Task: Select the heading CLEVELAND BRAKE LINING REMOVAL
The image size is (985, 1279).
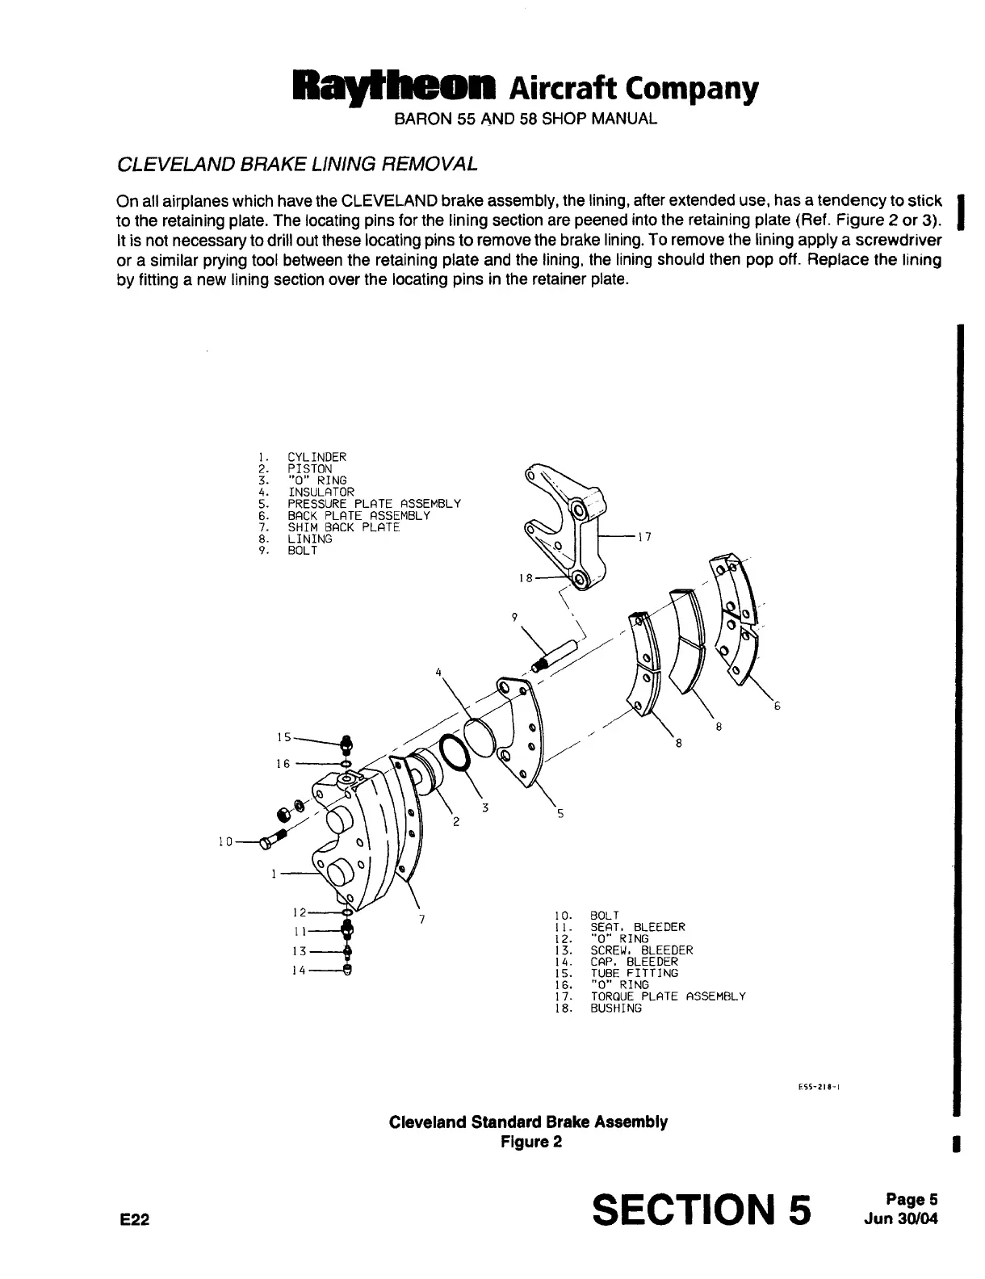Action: point(298,164)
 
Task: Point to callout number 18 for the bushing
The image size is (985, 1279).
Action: point(526,578)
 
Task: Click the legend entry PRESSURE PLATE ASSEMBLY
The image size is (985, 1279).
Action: point(375,504)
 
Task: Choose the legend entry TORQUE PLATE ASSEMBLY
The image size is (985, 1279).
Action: point(668,996)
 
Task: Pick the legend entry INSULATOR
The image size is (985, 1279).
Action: point(321,492)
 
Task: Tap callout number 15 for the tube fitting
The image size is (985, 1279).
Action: point(283,736)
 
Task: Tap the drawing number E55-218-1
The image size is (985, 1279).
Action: point(822,1086)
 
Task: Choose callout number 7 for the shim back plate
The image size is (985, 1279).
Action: point(422,919)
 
